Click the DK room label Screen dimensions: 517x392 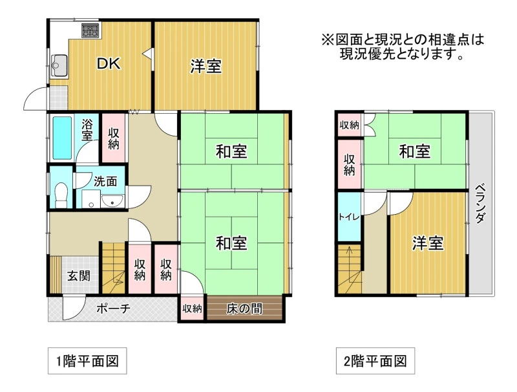tap(109, 63)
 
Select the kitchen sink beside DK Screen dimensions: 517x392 tap(59, 66)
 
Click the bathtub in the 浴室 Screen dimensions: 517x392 tap(62, 138)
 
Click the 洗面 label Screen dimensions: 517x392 tap(105, 182)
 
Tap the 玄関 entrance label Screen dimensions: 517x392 tap(79, 276)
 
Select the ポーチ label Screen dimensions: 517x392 tap(113, 309)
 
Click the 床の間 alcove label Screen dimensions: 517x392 tap(244, 309)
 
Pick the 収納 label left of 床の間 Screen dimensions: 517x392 tap(192, 309)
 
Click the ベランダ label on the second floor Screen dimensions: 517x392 tap(480, 203)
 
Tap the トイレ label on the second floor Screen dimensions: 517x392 tap(349, 217)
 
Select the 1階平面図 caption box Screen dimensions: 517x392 tap(87, 361)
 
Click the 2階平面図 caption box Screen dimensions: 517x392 tap(375, 361)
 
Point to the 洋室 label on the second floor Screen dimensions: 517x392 tap(428, 243)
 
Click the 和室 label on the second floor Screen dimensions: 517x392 tap(414, 151)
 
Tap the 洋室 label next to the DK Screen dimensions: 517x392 tap(206, 66)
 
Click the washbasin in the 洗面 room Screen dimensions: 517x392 tap(112, 201)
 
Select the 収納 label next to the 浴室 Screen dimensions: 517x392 tap(114, 138)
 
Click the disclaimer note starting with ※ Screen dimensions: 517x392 tap(403, 47)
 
